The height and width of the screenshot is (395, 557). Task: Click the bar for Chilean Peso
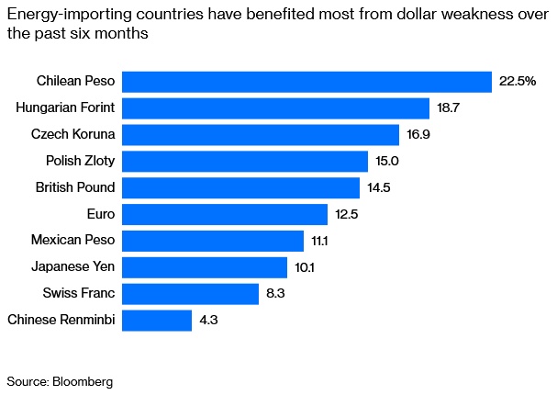coord(306,82)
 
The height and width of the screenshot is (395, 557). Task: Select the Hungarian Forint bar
coord(275,108)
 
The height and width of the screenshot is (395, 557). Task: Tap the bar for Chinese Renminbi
coord(156,321)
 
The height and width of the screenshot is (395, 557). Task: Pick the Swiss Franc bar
coord(190,294)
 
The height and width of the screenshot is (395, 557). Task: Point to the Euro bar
coord(224,214)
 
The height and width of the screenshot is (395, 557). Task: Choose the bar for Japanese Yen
coord(204,267)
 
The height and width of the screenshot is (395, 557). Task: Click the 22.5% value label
coord(517,82)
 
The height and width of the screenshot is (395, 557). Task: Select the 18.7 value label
coord(448,108)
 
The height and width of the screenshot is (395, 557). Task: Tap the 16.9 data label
coord(418,135)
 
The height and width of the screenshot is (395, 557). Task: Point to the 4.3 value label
coord(209,321)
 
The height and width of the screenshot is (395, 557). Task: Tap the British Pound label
coord(75,187)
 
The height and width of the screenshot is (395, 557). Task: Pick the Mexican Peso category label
coord(73,241)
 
